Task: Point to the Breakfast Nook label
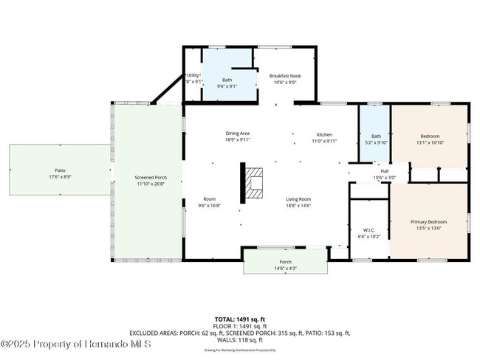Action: tap(284, 76)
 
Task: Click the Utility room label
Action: tap(192, 75)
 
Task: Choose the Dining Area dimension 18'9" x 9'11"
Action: tap(238, 139)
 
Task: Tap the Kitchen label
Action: tap(324, 134)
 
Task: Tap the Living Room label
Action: tap(298, 199)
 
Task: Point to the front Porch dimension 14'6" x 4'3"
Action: tap(285, 268)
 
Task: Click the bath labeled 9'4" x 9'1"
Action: tap(228, 86)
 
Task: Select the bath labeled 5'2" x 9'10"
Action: tap(376, 142)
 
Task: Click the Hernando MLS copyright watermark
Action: tap(76, 344)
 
